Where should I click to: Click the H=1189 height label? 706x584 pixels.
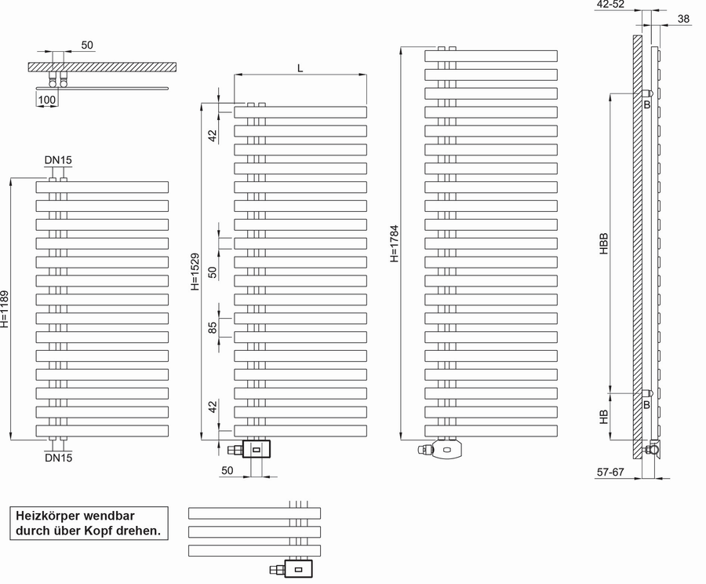[5, 309]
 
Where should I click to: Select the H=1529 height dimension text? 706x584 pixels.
[195, 272]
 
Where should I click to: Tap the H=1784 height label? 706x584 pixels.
[395, 244]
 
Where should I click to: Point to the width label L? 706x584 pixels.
[300, 68]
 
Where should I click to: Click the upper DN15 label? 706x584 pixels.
[58, 160]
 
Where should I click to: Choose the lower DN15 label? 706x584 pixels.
[59, 458]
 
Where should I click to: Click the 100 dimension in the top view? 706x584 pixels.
[47, 100]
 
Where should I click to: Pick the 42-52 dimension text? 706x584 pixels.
[610, 5]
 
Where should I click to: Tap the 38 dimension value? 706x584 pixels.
[683, 19]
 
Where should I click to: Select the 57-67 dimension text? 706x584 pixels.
[610, 473]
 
